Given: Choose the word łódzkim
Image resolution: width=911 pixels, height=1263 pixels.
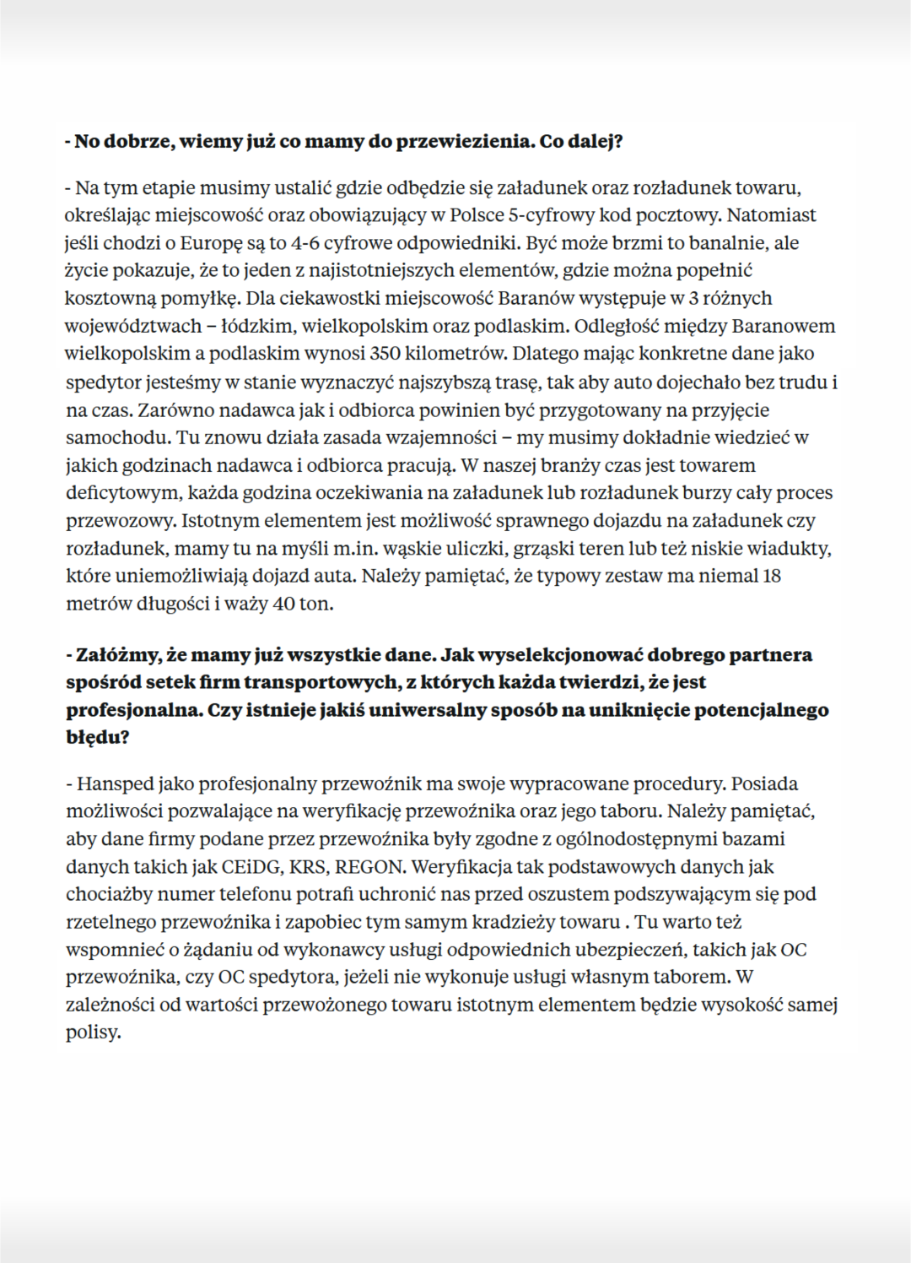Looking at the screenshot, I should [x=253, y=326].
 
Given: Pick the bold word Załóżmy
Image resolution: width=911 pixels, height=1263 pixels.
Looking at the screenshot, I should [x=115, y=654].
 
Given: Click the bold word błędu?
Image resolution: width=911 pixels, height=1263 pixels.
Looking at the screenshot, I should [x=98, y=737].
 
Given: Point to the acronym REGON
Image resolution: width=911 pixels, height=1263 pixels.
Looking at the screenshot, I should [x=373, y=866].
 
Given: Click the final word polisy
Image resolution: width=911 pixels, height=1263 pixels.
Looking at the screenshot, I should [x=93, y=1033].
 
